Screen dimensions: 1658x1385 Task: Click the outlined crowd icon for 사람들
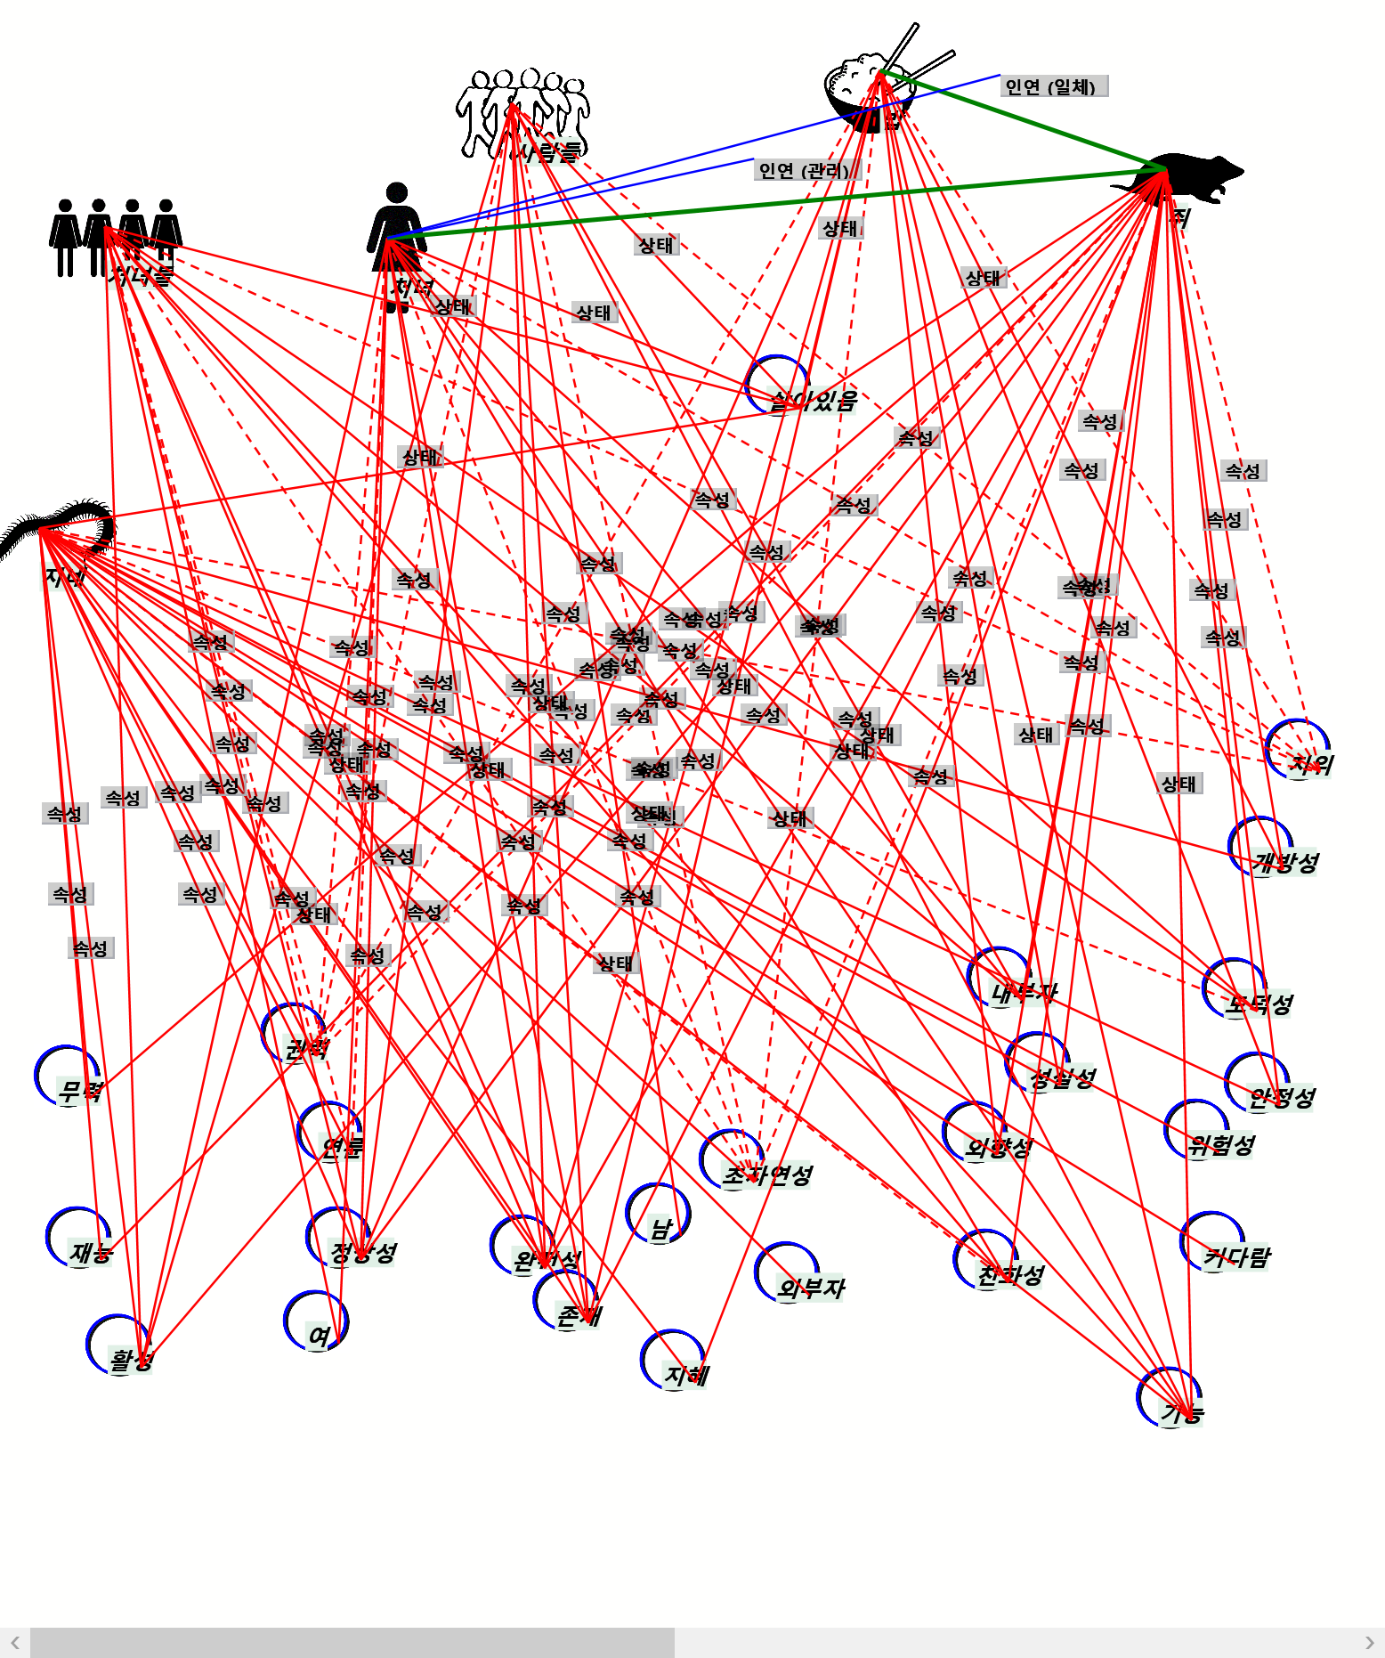point(522,111)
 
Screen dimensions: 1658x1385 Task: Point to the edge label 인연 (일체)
point(1052,86)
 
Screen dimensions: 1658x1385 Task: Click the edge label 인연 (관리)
point(805,170)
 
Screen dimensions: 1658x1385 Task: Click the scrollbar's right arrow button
point(1369,1643)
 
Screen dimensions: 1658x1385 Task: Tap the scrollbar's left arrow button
point(15,1643)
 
